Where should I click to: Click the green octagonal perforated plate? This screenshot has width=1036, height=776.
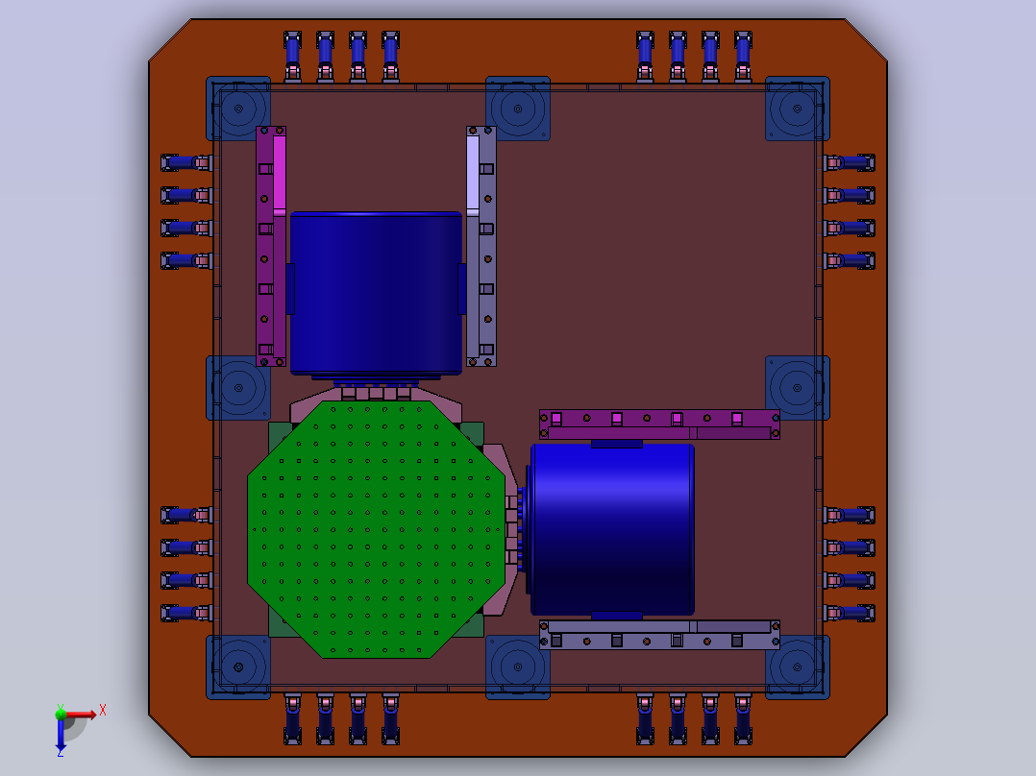(376, 529)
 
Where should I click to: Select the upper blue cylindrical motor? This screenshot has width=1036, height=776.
(376, 294)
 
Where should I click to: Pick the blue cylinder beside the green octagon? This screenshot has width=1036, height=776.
(611, 529)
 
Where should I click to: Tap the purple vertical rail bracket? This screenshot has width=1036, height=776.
(271, 246)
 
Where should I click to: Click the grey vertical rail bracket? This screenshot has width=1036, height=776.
(481, 246)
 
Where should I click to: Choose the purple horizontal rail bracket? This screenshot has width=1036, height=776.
(659, 424)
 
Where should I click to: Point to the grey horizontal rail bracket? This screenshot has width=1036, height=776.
(659, 635)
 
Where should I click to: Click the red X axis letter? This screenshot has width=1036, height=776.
(103, 711)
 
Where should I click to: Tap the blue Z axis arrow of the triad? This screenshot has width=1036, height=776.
(61, 733)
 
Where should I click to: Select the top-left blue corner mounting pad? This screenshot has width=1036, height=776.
(238, 109)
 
